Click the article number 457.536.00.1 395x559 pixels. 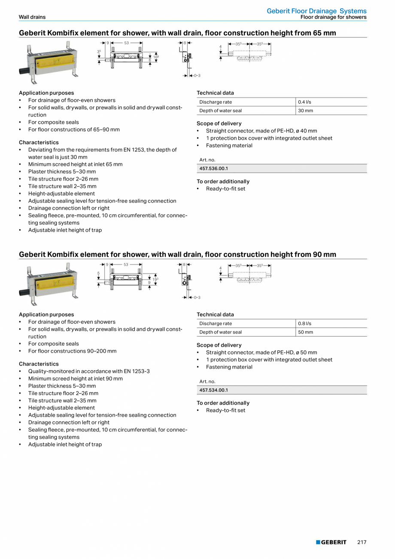pyautogui.click(x=214, y=169)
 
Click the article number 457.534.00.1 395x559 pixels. pyautogui.click(x=214, y=390)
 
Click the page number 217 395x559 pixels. pyautogui.click(x=362, y=542)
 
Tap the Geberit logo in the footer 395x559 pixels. pyautogui.click(x=331, y=542)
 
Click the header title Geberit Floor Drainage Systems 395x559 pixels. pyautogui.click(x=316, y=11)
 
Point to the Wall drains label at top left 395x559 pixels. pyautogui.click(x=32, y=17)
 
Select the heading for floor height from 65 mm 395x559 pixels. pyautogui.click(x=177, y=33)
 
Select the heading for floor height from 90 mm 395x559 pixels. pyautogui.click(x=177, y=254)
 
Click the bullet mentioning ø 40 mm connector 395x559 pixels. pyautogui.click(x=261, y=131)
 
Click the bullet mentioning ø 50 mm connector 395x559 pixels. pyautogui.click(x=261, y=352)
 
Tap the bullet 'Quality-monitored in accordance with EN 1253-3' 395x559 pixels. pyautogui.click(x=89, y=371)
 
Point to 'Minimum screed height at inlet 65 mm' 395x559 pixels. pyautogui.click(x=75, y=164)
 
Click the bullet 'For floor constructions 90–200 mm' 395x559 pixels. pyautogui.click(x=72, y=351)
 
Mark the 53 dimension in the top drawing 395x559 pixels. pyautogui.click(x=126, y=43)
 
